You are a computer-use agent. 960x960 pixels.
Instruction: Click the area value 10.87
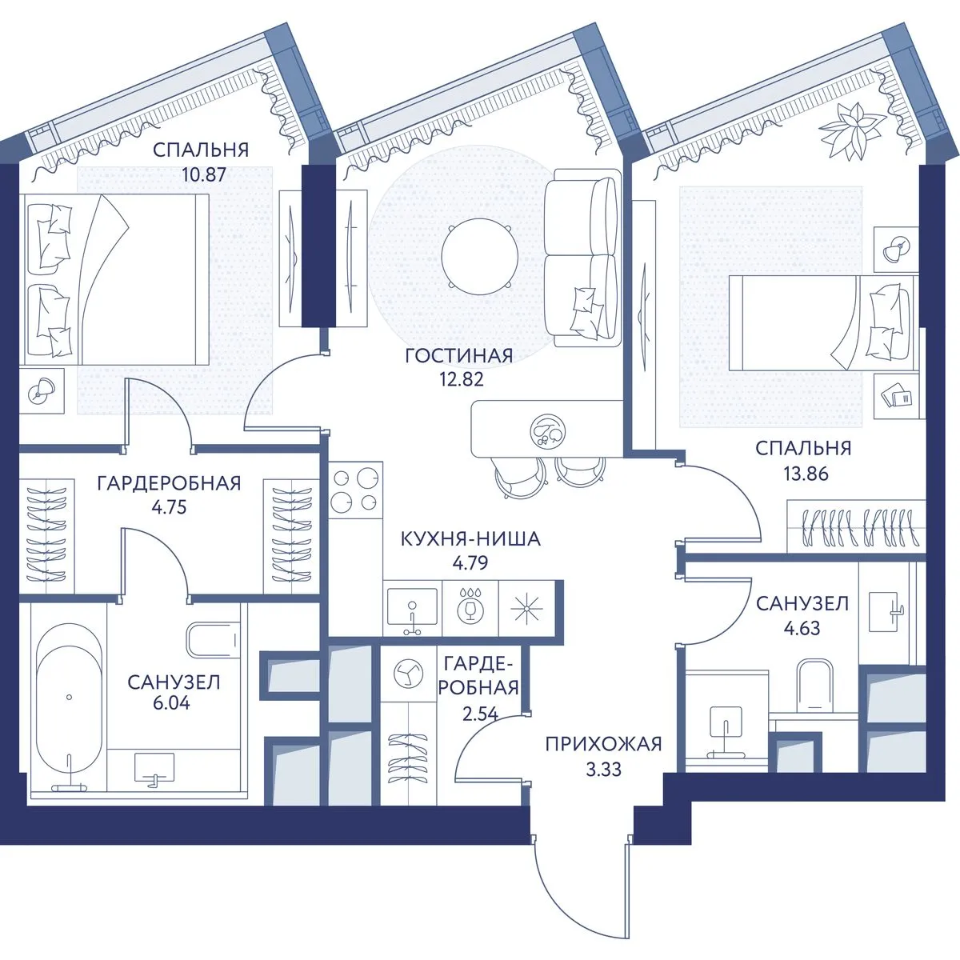(x=204, y=174)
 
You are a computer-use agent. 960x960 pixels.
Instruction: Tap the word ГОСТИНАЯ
(x=459, y=356)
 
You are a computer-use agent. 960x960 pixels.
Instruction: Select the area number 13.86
(x=806, y=474)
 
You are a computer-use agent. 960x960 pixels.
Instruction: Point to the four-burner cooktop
(x=355, y=490)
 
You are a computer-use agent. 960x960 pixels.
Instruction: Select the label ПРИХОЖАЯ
(x=603, y=744)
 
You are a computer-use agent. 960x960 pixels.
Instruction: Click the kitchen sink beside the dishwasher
(x=412, y=608)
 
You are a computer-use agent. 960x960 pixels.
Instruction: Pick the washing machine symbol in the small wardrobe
(x=408, y=674)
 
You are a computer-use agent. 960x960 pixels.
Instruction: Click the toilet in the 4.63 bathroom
(x=815, y=686)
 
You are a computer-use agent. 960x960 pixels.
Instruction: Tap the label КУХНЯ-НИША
(x=470, y=539)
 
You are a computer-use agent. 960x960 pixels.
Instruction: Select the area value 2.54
(x=480, y=714)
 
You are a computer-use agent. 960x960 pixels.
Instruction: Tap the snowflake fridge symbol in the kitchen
(x=527, y=608)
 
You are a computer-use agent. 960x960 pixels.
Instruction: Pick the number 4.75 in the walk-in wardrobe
(x=169, y=507)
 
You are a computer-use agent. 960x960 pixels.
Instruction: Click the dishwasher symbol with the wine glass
(x=470, y=608)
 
